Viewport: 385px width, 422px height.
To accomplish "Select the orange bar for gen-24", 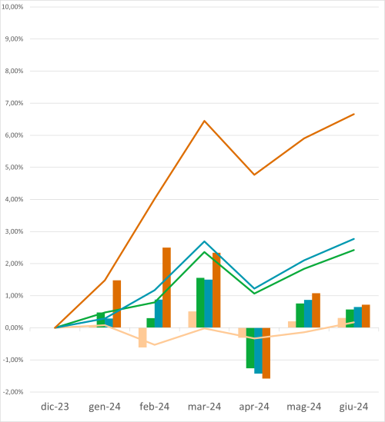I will click(117, 304).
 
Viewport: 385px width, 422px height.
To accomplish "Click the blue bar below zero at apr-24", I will click(258, 351).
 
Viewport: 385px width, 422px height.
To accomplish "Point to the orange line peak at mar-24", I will click(204, 121).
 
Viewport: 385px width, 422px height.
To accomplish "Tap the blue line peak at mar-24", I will click(204, 241).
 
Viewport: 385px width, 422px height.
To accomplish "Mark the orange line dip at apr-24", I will click(254, 174).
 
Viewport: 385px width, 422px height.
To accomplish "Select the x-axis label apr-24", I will click(254, 407).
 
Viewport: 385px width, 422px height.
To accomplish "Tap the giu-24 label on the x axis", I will click(353, 407).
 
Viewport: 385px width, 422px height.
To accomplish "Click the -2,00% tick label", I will click(15, 392).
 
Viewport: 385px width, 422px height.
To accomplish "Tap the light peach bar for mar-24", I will click(192, 319).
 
